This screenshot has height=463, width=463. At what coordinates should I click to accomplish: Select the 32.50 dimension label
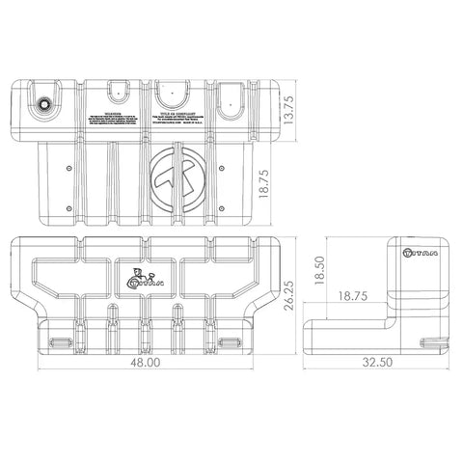click(378, 365)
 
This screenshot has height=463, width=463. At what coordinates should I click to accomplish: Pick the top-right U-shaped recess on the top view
click(231, 94)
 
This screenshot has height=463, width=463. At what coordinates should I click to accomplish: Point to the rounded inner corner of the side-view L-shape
click(393, 314)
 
